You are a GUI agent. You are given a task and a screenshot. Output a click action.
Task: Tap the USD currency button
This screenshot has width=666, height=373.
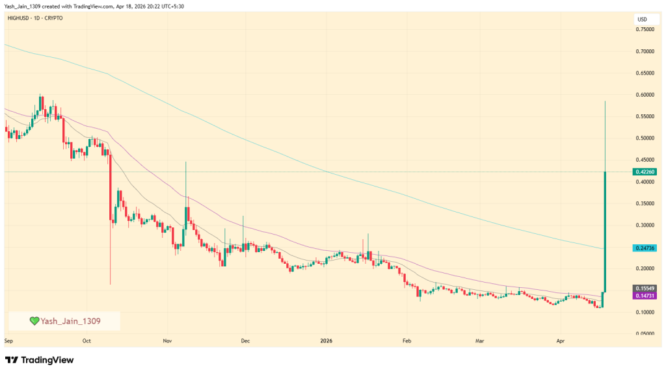[x=643, y=19]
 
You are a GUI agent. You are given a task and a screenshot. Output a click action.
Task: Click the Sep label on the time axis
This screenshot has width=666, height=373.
[x=8, y=340]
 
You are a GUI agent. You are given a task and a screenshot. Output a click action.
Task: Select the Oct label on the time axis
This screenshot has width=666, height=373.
[x=86, y=340]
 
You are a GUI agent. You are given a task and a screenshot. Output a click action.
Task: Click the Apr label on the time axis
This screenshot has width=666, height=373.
[x=560, y=340]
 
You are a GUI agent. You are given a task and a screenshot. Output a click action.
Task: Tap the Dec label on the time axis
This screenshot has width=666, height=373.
[x=245, y=340]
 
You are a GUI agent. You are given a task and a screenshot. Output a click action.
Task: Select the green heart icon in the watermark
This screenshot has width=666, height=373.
[x=34, y=321]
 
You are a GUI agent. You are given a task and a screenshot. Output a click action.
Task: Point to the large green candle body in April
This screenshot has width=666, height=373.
[x=606, y=231]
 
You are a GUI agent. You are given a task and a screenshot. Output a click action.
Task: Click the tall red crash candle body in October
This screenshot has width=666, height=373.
[x=111, y=188]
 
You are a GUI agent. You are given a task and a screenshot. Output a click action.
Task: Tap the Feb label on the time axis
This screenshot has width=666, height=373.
[x=407, y=340]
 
